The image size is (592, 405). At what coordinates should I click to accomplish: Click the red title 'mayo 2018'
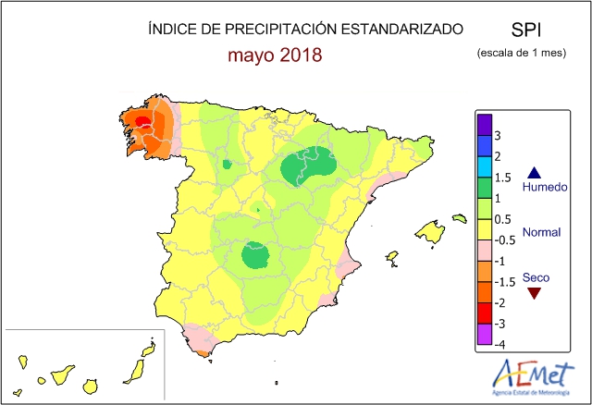point(275,55)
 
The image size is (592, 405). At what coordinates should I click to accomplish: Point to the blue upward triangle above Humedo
point(533,172)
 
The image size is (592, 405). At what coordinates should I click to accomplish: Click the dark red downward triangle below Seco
point(533,294)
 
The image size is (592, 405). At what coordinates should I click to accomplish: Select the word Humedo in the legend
point(542,189)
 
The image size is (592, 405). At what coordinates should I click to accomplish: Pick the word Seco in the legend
point(535,277)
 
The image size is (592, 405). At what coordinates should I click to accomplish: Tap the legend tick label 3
point(498,136)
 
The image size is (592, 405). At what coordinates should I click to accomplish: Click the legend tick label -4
point(498,344)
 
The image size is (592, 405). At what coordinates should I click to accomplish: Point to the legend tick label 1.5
point(502,178)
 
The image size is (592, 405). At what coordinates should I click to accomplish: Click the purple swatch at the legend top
point(483,124)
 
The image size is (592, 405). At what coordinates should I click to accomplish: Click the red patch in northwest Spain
point(143,121)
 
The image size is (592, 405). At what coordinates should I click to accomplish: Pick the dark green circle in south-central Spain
point(254,255)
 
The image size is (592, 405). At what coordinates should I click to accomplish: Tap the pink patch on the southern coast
point(201,341)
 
